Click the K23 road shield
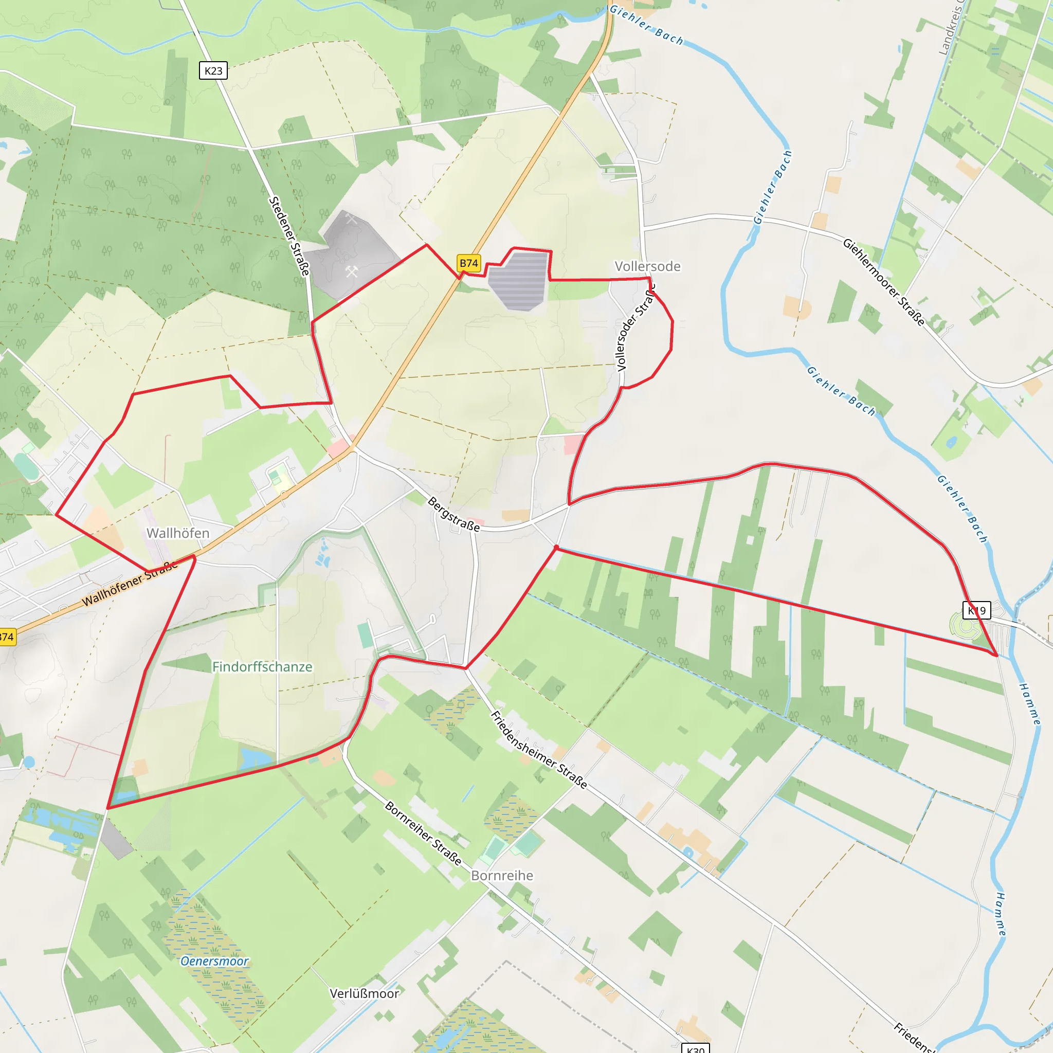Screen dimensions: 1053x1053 (x=213, y=70)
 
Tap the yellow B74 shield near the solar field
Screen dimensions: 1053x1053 (x=469, y=263)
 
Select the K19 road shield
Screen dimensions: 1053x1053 (x=976, y=610)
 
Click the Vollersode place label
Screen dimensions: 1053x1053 (x=647, y=266)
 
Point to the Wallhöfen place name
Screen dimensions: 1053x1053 (x=178, y=533)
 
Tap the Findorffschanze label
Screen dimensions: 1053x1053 (x=262, y=666)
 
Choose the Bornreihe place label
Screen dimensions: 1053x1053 (x=502, y=875)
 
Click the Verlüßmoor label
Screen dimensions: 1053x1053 (x=365, y=993)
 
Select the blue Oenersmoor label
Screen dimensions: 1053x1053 (x=214, y=961)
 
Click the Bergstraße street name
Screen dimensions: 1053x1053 (x=453, y=514)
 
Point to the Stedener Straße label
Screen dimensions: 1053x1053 (x=289, y=235)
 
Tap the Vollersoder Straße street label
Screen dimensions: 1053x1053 (x=635, y=328)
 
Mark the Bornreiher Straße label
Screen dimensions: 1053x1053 (x=424, y=833)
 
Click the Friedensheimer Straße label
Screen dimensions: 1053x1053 (x=539, y=750)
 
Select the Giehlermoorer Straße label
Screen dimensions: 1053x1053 (x=883, y=282)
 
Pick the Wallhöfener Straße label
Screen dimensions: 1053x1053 (x=130, y=584)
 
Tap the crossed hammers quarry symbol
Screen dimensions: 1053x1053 (x=352, y=271)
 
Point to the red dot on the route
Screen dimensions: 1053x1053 (x=556, y=547)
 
